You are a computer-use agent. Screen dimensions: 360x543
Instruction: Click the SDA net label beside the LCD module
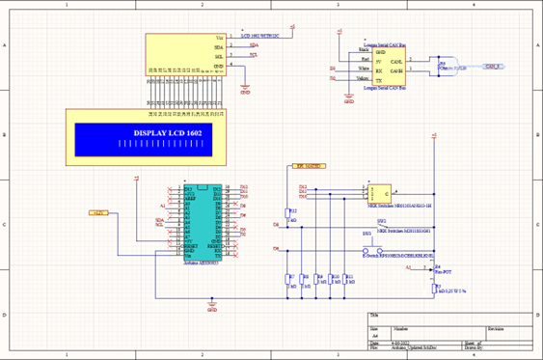(254, 45)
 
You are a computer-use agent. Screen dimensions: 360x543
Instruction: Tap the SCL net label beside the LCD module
(254, 55)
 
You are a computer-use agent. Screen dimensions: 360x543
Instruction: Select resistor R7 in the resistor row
(288, 279)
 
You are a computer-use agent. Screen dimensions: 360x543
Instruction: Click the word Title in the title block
(374, 317)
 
